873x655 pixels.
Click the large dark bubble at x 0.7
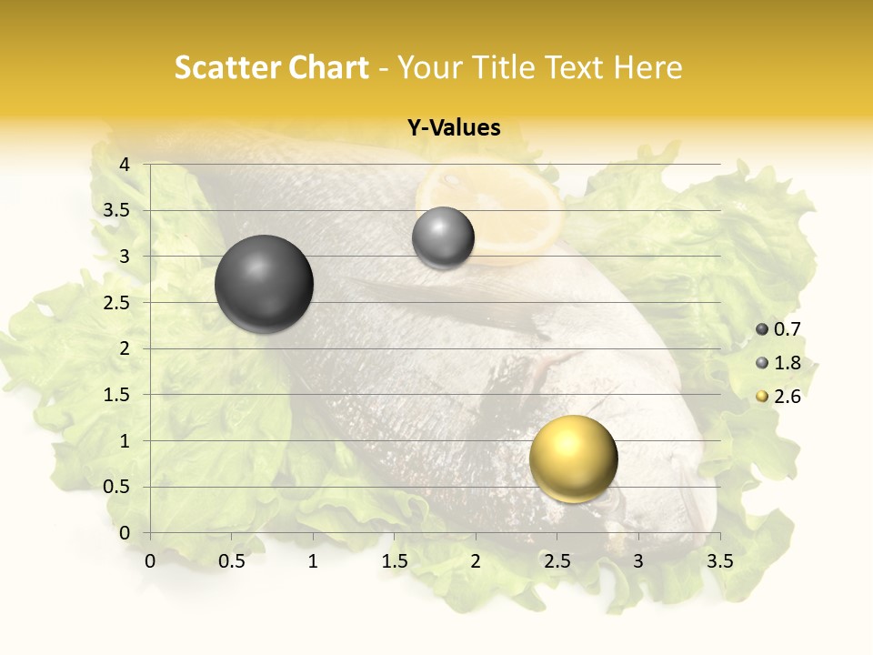(x=264, y=284)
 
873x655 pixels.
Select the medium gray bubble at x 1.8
(x=443, y=238)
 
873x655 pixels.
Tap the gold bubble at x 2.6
(x=573, y=458)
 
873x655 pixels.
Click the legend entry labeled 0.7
(x=779, y=329)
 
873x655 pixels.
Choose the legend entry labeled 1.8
(x=779, y=363)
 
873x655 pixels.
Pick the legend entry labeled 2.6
(x=779, y=397)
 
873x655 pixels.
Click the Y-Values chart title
(x=454, y=128)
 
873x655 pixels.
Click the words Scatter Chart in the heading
(x=271, y=67)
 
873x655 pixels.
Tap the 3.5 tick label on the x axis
(x=719, y=561)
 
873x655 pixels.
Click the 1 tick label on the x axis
(x=313, y=561)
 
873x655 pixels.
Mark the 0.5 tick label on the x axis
(x=231, y=561)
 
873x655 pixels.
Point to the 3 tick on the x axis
(x=638, y=561)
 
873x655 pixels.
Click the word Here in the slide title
(x=647, y=67)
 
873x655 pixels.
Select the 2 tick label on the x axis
(x=476, y=561)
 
